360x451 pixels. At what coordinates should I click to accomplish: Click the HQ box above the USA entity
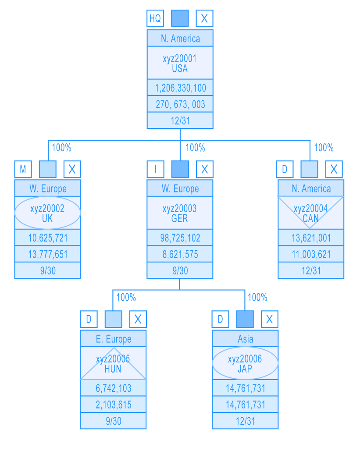tap(155, 18)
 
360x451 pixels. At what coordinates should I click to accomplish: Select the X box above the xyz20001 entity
tap(204, 18)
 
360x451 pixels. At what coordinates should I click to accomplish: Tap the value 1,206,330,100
tap(180, 88)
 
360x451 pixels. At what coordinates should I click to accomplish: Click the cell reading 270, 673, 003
tap(180, 104)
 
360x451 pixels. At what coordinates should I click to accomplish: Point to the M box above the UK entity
tap(23, 169)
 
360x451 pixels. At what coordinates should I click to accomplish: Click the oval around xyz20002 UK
tap(47, 213)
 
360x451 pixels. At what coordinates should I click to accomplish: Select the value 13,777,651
tap(47, 254)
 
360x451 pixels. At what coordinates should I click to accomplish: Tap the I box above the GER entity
tap(155, 169)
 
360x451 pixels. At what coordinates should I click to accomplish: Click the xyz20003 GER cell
tap(180, 213)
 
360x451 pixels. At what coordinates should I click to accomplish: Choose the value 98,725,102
tap(180, 238)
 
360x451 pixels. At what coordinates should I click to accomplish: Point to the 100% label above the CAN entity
tap(324, 148)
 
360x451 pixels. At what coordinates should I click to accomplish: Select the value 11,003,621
tap(311, 254)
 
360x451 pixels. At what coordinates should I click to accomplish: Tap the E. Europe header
tap(113, 339)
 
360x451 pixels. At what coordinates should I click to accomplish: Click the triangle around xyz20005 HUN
tap(113, 367)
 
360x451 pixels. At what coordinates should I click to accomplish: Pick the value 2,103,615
tap(113, 405)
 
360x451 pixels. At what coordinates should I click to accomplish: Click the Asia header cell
tap(245, 339)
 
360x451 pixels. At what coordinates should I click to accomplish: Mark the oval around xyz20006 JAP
tap(245, 364)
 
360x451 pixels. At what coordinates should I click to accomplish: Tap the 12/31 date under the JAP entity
tap(245, 421)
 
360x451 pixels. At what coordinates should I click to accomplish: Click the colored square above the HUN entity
tap(114, 320)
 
